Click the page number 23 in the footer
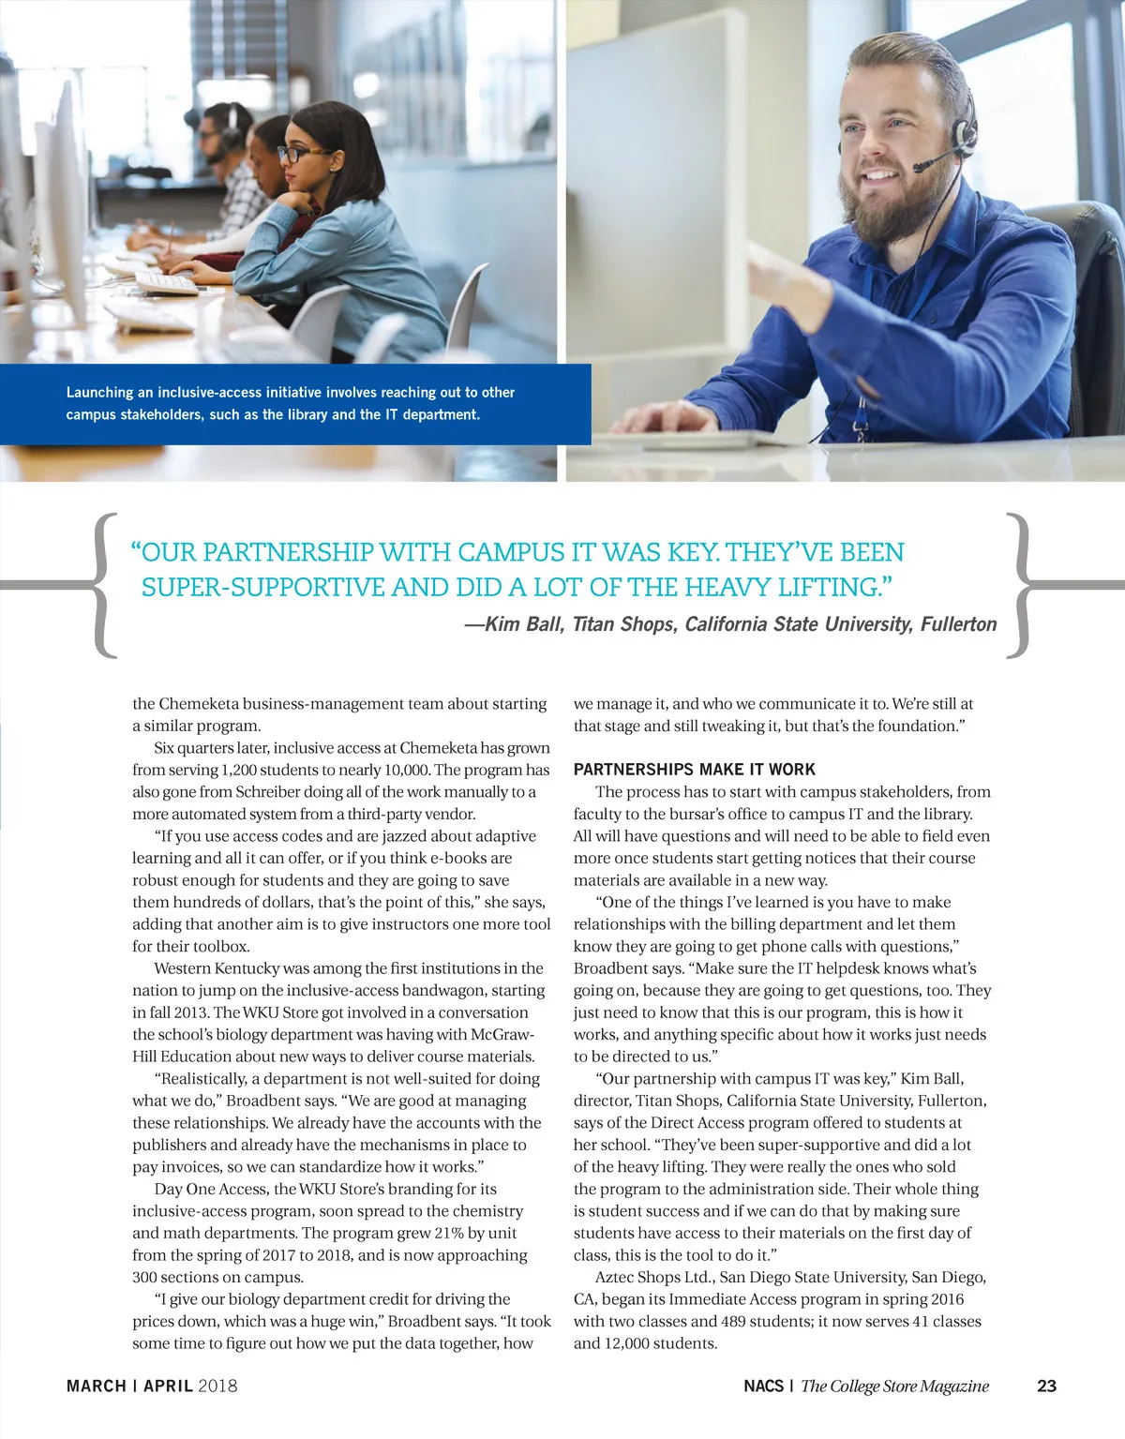click(1046, 1386)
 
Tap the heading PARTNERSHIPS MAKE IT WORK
click(694, 770)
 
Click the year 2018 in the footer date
click(217, 1386)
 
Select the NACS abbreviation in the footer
click(763, 1386)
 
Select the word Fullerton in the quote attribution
click(958, 624)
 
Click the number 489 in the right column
click(733, 1321)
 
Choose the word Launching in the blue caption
click(99, 393)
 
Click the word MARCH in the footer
click(96, 1386)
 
